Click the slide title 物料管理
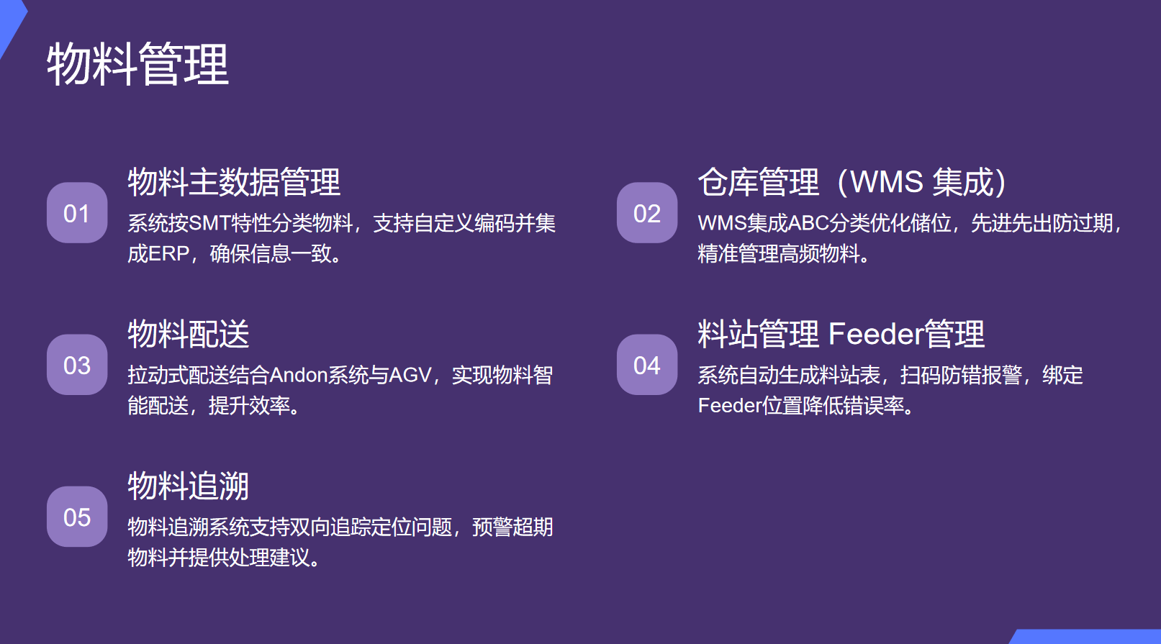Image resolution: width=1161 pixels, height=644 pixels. point(137,65)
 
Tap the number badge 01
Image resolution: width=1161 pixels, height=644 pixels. point(77,213)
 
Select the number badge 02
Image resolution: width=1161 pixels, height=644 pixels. point(647,213)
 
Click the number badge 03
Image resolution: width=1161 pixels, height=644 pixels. point(77,365)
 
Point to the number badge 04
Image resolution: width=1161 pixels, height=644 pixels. point(647,365)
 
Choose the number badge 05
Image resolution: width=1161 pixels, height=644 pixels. point(77,517)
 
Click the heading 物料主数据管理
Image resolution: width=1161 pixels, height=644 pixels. point(234,182)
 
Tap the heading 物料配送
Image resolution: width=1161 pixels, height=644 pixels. point(189,334)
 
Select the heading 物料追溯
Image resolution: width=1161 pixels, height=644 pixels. point(189,486)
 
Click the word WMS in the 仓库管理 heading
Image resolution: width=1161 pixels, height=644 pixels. point(886,182)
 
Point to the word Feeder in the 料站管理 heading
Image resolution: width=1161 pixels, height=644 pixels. point(875,334)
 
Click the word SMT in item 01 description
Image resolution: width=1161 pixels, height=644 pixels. point(209,223)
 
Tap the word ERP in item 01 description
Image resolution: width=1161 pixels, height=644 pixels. point(168,254)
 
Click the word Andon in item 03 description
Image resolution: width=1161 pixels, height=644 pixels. point(299,375)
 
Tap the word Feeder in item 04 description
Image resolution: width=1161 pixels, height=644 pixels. point(729,406)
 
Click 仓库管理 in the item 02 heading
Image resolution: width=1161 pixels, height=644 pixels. point(759,182)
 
